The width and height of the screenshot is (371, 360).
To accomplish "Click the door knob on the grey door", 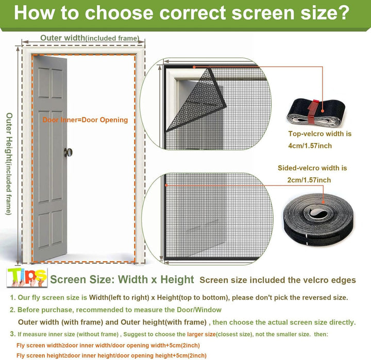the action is [x=68, y=152].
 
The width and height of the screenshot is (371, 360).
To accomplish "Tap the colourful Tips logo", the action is [x=27, y=278].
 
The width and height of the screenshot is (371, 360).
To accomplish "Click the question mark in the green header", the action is [x=342, y=13].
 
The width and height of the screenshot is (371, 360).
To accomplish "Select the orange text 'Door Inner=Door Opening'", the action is [x=85, y=120].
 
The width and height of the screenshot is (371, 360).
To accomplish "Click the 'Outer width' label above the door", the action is [x=62, y=38].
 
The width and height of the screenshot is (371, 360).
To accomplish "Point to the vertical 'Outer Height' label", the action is [x=9, y=164].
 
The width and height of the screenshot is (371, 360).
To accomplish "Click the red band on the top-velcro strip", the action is [x=313, y=111].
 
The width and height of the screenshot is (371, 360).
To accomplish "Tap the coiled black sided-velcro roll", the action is [x=318, y=220].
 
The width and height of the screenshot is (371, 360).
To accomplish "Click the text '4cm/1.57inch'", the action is [x=310, y=146].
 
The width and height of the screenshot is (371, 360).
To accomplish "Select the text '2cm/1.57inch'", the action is [x=309, y=180].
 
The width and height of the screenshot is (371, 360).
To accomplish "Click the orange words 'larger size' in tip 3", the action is [x=201, y=334].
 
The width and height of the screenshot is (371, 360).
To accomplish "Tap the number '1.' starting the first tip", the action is [x=13, y=297].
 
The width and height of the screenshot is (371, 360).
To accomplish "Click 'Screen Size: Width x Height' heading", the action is [x=122, y=279].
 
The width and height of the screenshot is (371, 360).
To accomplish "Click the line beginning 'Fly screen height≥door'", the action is [x=111, y=355].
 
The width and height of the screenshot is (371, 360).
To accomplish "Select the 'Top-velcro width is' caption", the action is [x=319, y=133].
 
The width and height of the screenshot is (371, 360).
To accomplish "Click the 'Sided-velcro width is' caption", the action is [x=312, y=168].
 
